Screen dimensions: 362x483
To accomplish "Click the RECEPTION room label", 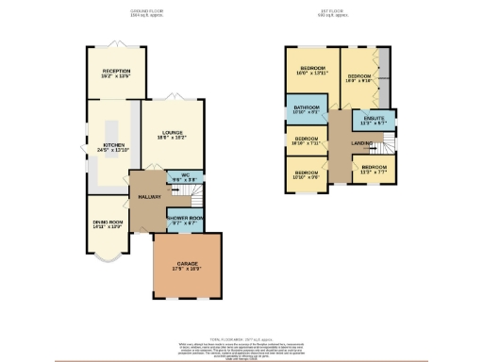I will [116, 71].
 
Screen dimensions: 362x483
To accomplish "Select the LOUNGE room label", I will [172, 133].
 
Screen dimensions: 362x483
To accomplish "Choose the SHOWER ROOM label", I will [184, 218].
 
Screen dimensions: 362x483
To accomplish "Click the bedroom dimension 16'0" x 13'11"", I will [313, 74].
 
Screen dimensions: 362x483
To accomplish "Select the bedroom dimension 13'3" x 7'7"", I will [375, 173].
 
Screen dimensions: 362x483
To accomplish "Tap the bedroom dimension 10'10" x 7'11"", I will [307, 143].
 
